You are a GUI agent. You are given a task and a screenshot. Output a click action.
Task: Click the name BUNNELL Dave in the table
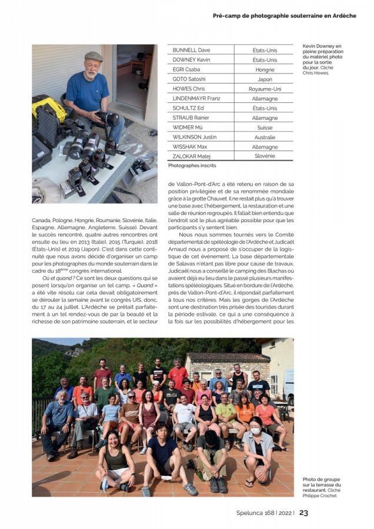click(x=191, y=50)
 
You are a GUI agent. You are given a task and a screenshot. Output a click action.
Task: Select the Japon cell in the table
click(x=265, y=79)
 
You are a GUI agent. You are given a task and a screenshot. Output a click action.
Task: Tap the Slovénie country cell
click(x=265, y=156)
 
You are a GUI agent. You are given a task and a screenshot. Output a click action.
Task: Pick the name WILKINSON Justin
click(x=195, y=136)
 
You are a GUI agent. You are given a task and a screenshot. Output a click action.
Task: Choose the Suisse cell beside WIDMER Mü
click(x=265, y=127)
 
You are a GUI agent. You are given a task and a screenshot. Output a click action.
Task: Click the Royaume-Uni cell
click(x=265, y=89)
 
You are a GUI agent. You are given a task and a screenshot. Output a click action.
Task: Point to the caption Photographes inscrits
click(x=192, y=166)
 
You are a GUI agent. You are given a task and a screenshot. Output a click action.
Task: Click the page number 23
click(x=303, y=513)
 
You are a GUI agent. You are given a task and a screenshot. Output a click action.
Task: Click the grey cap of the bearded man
click(x=93, y=56)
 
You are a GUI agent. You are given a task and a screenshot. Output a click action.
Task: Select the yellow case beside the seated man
click(x=48, y=106)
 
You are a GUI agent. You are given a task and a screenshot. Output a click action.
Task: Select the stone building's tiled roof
click(x=226, y=357)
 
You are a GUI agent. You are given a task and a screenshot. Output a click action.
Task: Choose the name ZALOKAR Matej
click(x=192, y=156)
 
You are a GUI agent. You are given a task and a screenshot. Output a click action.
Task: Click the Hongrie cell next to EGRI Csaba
click(x=265, y=69)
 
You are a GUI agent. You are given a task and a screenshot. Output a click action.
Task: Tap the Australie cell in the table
click(x=265, y=136)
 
